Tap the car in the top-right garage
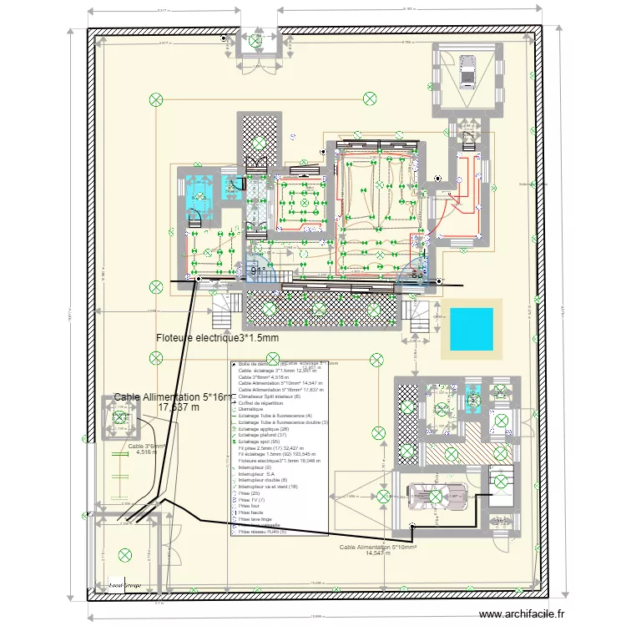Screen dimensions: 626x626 coord(467,70)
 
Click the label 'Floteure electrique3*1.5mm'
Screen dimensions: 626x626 coord(217,338)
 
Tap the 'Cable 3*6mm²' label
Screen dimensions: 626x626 coord(147,446)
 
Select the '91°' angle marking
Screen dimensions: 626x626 coord(260,271)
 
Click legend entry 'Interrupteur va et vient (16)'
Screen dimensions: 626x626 coord(268,487)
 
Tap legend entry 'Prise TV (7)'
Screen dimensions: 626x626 coord(253,499)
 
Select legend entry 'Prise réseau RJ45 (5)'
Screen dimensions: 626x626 coord(262,531)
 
